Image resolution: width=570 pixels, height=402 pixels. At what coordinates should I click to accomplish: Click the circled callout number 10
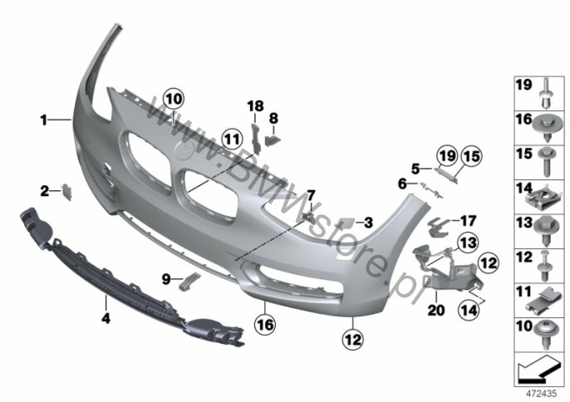point(174,99)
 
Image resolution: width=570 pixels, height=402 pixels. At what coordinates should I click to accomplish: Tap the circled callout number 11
point(233,140)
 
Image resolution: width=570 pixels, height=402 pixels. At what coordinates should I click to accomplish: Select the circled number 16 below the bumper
point(266,324)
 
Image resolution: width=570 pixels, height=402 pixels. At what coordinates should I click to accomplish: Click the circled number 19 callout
point(447,156)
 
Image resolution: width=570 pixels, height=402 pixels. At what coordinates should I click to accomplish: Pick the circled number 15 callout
point(471,157)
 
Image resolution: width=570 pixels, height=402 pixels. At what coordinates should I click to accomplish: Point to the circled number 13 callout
point(469,243)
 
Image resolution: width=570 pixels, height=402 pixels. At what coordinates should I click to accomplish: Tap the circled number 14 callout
point(469,310)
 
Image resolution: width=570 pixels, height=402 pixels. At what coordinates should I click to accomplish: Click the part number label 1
point(43,120)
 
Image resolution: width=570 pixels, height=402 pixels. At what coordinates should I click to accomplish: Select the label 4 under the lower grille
point(106,319)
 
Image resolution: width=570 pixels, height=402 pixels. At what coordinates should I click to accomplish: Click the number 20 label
point(436,310)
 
